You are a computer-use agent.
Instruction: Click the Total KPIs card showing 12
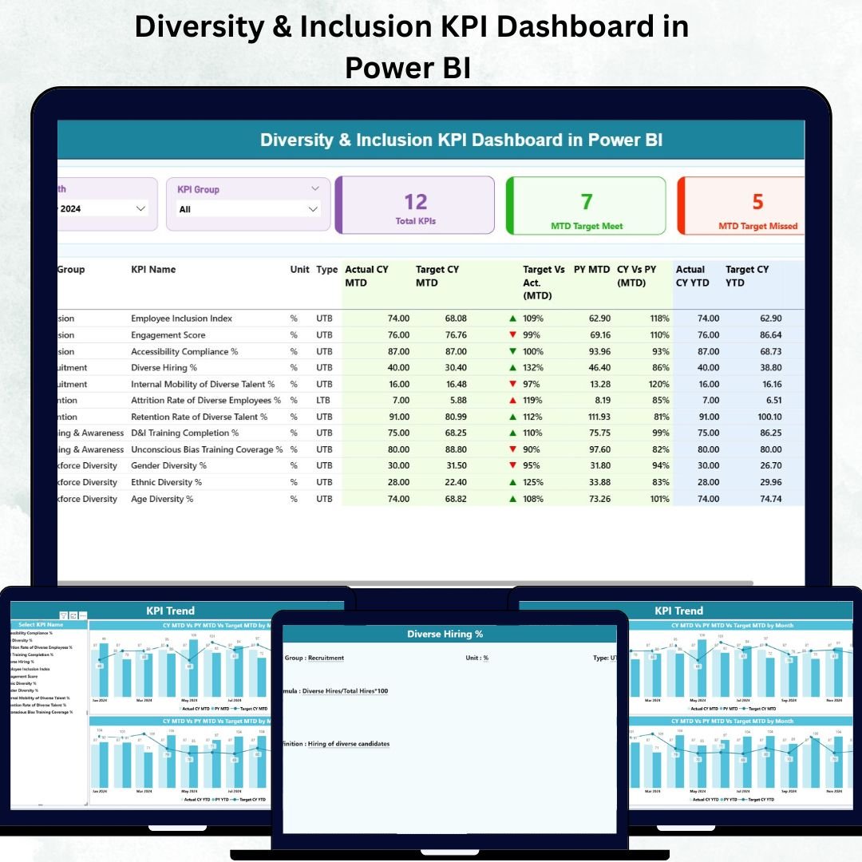point(416,206)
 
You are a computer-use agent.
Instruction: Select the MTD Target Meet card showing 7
point(587,206)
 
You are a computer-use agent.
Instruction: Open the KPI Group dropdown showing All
point(248,209)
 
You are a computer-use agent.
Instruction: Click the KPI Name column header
point(153,270)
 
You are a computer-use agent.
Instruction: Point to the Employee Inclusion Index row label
point(181,318)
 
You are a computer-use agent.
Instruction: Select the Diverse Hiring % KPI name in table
point(164,368)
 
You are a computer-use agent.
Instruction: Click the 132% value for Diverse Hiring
point(532,368)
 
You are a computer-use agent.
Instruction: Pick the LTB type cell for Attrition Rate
point(324,401)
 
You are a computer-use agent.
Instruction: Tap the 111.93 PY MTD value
point(593,417)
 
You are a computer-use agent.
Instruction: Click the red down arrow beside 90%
point(512,449)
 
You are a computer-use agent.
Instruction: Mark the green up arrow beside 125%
point(512,482)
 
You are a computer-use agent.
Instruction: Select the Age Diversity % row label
point(162,499)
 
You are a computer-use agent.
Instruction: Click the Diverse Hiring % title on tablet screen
point(445,634)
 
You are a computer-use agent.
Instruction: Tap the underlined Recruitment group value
point(326,658)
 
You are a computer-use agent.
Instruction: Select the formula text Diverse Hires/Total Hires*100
point(345,690)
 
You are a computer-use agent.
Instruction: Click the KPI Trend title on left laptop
point(170,611)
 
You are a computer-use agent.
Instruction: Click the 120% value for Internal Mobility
point(658,384)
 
